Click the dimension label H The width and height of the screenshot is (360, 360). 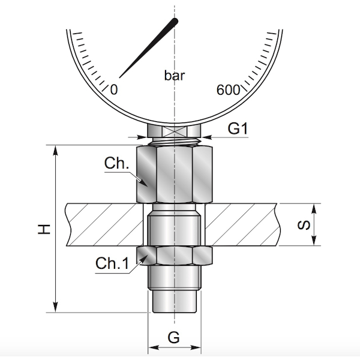tap(43, 229)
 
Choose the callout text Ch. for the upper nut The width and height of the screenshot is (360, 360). tap(117, 163)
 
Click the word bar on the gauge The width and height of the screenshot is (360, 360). tap(175, 76)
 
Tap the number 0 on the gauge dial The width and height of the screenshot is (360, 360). tap(115, 89)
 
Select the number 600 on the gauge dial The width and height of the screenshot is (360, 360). tap(228, 90)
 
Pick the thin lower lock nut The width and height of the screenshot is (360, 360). tap(175, 256)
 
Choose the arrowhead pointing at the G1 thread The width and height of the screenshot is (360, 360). tap(206, 137)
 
